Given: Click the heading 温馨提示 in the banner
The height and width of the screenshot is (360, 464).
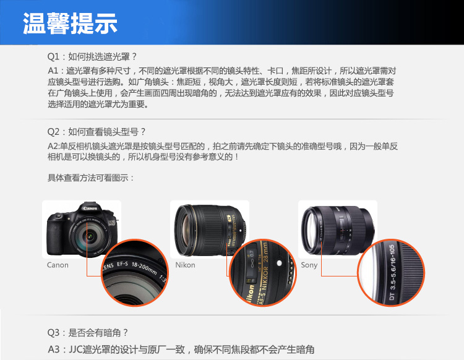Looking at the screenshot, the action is click(x=70, y=23).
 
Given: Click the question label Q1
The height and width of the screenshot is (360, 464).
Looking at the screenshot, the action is click(x=53, y=56).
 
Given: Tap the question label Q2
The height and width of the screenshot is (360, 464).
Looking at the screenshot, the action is click(x=53, y=132).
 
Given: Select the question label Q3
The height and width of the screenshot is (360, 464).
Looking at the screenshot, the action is click(x=53, y=333).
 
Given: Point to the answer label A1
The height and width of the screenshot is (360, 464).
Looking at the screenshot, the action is click(x=53, y=71).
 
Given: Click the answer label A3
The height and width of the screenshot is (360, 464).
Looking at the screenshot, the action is click(x=54, y=349).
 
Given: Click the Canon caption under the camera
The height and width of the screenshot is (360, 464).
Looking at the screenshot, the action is click(x=58, y=265).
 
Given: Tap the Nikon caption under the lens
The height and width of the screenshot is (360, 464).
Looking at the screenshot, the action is click(x=185, y=265).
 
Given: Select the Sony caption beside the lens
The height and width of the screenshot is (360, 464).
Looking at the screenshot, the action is click(x=309, y=265).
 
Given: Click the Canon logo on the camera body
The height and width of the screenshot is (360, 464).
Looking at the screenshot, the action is click(x=90, y=208).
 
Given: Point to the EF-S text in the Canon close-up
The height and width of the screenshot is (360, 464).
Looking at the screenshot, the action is click(x=122, y=263).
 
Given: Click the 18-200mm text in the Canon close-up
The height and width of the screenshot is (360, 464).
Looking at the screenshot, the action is click(x=144, y=268).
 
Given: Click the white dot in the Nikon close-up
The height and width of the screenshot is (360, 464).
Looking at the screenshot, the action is click(x=279, y=263).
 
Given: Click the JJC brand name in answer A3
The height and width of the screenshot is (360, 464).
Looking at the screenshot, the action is click(x=75, y=349).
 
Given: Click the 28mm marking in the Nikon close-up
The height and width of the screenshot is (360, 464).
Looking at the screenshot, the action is click(x=265, y=252).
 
